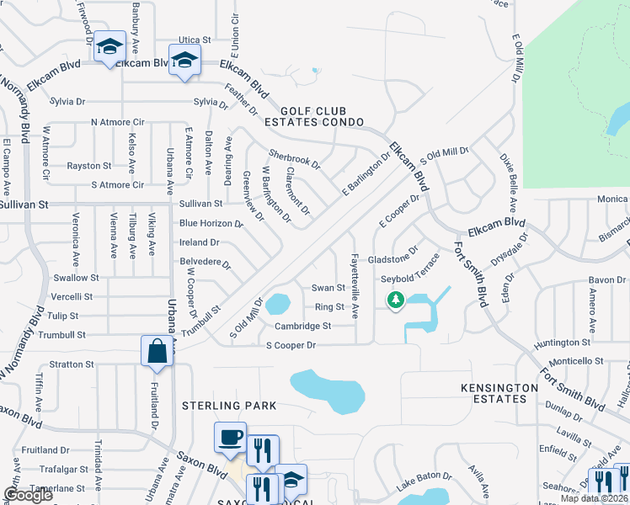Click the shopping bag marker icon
[157, 351]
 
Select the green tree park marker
[393, 299]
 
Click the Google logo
[28, 495]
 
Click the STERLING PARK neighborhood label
[230, 405]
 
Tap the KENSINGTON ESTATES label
[499, 394]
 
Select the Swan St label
[328, 288]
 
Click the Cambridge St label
[302, 326]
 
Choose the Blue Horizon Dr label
[211, 224]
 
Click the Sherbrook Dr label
[294, 159]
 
